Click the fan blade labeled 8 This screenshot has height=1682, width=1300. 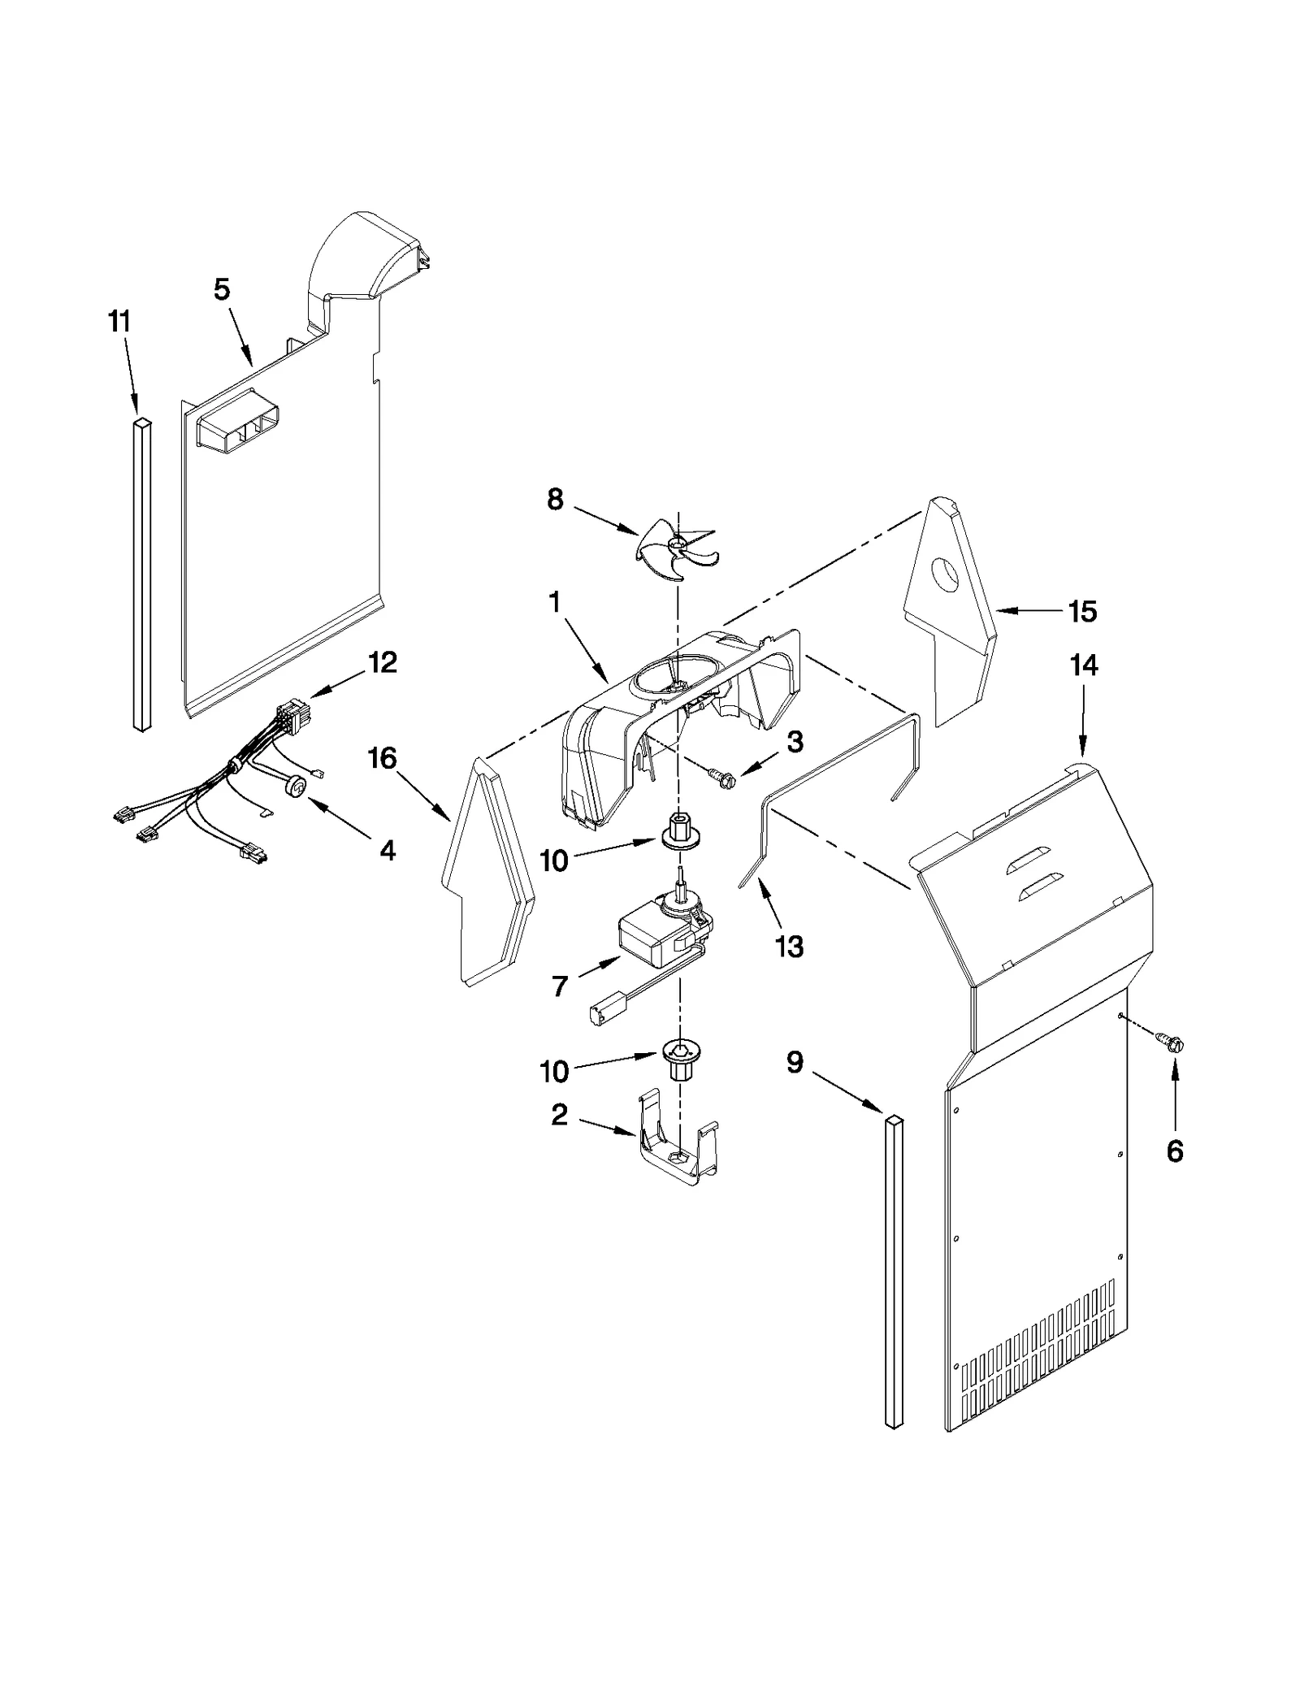pyautogui.click(x=676, y=549)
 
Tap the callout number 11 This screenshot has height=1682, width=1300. pyautogui.click(x=119, y=322)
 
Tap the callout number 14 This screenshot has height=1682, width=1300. pyautogui.click(x=1084, y=665)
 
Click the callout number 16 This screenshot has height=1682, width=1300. pyautogui.click(x=382, y=758)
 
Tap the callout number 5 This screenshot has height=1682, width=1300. pyautogui.click(x=222, y=289)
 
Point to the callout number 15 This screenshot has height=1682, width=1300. pyautogui.click(x=1082, y=611)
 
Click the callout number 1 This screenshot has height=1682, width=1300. pyautogui.click(x=554, y=602)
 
